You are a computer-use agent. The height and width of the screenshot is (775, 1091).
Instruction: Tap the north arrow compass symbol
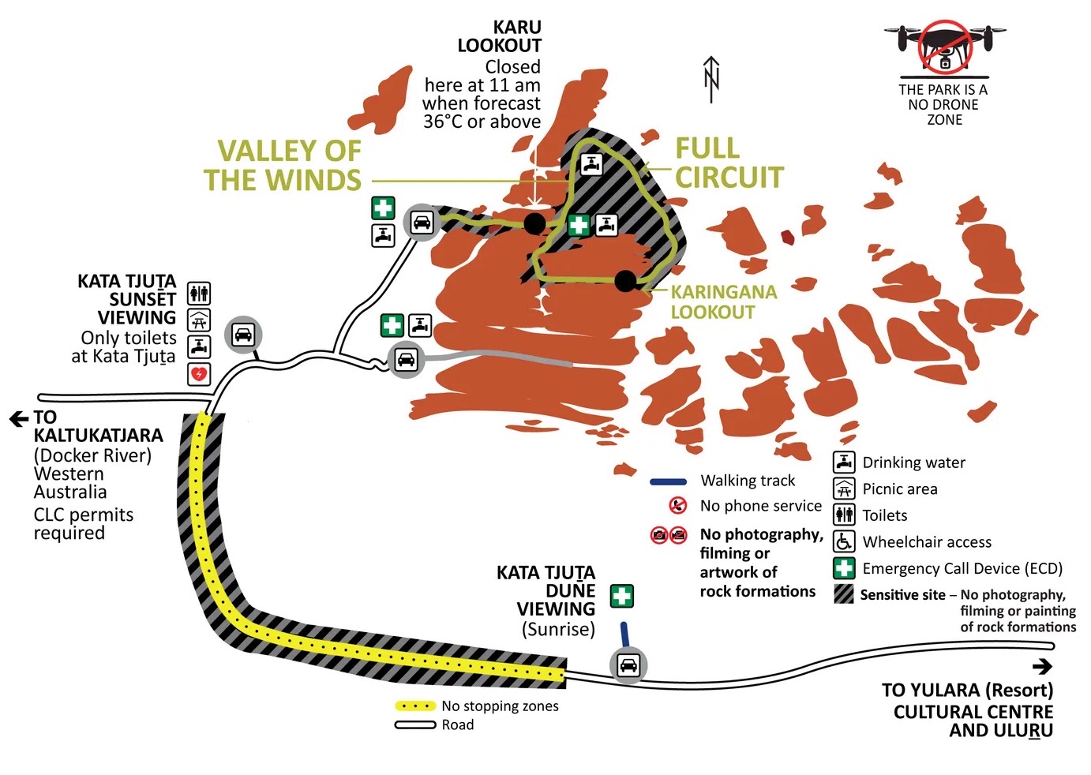pyautogui.click(x=710, y=79)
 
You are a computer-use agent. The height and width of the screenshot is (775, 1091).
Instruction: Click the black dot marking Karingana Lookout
pyautogui.click(x=625, y=280)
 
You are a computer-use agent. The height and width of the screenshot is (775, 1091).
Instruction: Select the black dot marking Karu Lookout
pyautogui.click(x=534, y=223)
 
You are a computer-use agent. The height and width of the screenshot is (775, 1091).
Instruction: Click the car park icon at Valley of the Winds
pyautogui.click(x=422, y=223)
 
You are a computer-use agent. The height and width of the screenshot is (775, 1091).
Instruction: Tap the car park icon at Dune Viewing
pyautogui.click(x=628, y=665)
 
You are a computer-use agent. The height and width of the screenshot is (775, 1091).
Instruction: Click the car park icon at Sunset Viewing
pyautogui.click(x=243, y=335)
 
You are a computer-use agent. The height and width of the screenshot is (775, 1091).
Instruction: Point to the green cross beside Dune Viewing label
pyautogui.click(x=622, y=596)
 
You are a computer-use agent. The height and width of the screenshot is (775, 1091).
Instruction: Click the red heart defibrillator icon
pyautogui.click(x=199, y=373)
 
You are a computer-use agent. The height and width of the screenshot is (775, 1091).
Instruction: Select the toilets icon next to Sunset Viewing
pyautogui.click(x=199, y=293)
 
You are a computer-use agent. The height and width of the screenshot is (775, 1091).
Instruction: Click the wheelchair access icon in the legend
pyautogui.click(x=845, y=541)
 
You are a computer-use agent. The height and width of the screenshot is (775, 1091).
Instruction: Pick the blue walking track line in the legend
pyautogui.click(x=668, y=481)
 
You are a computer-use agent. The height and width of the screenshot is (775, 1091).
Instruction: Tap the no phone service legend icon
pyautogui.click(x=677, y=505)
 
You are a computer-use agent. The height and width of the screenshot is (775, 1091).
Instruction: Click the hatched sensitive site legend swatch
pyautogui.click(x=845, y=594)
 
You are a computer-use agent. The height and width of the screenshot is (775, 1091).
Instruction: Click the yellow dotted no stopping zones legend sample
pyautogui.click(x=415, y=706)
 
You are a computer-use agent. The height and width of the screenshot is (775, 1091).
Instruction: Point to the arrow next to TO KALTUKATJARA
pyautogui.click(x=18, y=418)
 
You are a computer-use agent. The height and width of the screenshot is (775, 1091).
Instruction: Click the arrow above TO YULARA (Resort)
pyautogui.click(x=1042, y=667)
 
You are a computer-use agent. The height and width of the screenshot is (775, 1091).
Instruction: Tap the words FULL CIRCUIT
pyautogui.click(x=729, y=163)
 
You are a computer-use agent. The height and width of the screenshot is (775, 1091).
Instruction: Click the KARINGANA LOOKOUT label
pyautogui.click(x=723, y=301)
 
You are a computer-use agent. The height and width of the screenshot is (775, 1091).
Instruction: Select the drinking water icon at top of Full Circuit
pyautogui.click(x=592, y=164)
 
